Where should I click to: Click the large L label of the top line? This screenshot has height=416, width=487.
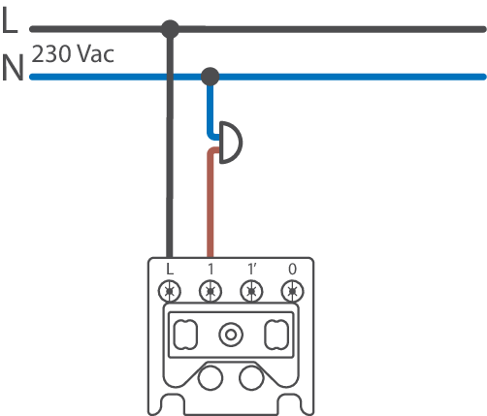9,20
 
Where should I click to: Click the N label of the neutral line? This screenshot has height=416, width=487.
13,68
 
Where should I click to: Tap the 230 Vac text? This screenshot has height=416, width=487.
73,53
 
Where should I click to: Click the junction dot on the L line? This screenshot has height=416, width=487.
170,29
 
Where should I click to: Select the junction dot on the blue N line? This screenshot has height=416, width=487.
211,77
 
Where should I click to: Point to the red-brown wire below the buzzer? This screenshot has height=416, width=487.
211,202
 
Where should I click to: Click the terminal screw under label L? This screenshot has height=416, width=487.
170,291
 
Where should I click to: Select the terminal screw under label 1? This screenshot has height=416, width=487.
211,291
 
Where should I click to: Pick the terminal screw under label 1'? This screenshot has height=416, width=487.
251,291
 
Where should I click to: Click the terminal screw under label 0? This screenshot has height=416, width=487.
292,291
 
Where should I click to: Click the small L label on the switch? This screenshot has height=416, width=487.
170,269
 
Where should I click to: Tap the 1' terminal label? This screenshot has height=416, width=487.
252,269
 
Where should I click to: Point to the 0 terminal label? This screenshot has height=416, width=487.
292,269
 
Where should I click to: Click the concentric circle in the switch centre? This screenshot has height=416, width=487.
231,335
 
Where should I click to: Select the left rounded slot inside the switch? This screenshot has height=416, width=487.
185,335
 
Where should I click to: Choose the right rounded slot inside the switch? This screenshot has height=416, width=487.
276,335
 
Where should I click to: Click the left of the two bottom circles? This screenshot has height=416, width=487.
211,378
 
